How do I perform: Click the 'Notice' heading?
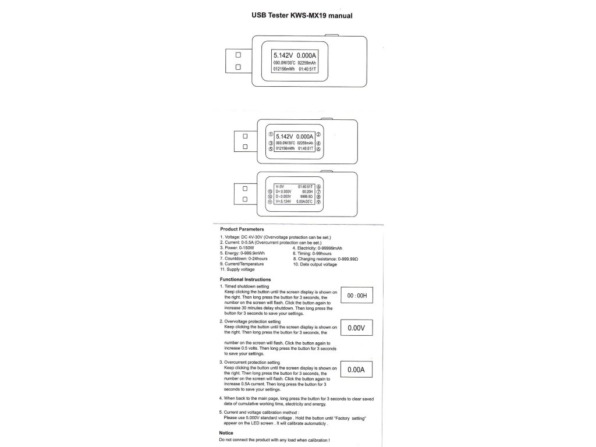226,433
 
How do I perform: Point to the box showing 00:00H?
357,296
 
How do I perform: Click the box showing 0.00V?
356,328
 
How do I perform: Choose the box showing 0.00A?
356,370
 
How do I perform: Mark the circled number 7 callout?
318,191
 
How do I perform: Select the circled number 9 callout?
318,201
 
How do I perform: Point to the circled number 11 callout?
269,201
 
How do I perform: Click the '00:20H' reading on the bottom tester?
307,191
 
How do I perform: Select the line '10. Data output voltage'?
314,264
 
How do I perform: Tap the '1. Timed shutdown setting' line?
244,287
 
